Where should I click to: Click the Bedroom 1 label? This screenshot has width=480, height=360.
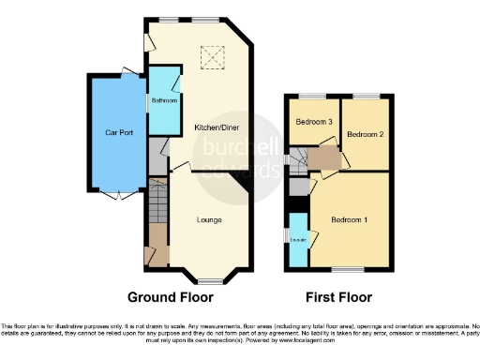(x=349, y=219)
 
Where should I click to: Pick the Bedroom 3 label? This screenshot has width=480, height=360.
(x=314, y=122)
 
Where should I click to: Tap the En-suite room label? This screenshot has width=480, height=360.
(x=298, y=240)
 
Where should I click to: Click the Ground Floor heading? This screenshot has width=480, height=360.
(x=176, y=297)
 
